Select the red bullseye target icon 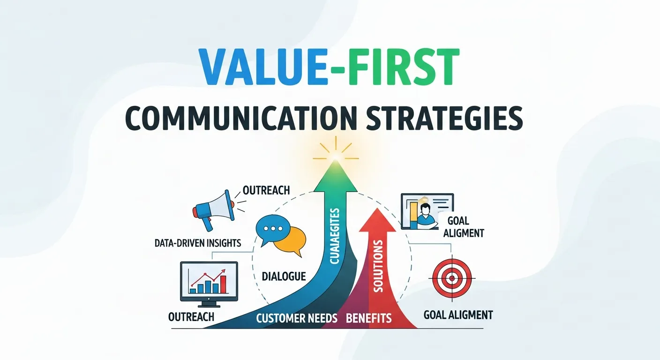point(451,277)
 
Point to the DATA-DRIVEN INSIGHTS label point(197,243)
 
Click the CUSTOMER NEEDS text point(297,319)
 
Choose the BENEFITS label point(368,319)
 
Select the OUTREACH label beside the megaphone point(266,190)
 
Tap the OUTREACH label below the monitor point(191,316)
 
